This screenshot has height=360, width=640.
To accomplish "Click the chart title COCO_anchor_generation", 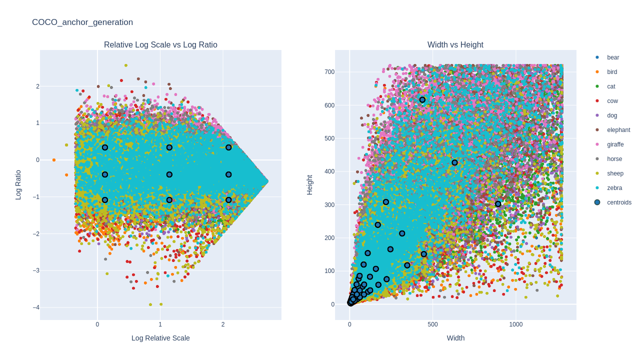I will [x=82, y=22].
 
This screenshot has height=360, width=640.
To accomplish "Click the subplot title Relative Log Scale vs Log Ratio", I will [x=160, y=45].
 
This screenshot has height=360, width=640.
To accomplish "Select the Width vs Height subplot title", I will [x=455, y=45].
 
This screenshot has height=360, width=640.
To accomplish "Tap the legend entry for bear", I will [x=613, y=57].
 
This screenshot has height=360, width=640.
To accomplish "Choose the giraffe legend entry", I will [x=615, y=144].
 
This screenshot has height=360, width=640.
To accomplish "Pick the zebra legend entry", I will [x=614, y=188].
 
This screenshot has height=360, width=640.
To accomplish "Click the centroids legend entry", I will [x=619, y=202].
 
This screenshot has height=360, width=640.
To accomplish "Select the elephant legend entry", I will [x=618, y=130].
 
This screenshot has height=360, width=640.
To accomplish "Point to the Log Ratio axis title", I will [x=18, y=185].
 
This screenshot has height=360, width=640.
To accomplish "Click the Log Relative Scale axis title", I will [x=160, y=338].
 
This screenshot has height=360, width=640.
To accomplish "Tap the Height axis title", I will [x=310, y=185].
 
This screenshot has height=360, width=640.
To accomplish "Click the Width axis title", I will [x=455, y=338].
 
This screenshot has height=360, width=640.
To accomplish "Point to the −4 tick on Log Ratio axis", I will [x=36, y=307].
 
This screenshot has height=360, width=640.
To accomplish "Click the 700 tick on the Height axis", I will [x=329, y=72].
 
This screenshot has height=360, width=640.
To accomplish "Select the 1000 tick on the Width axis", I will [x=515, y=324].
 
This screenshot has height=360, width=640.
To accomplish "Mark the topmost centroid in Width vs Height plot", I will [x=422, y=100].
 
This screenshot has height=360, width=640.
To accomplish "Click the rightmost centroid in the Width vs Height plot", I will [x=498, y=204].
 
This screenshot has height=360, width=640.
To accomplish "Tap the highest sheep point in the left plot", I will [x=126, y=65].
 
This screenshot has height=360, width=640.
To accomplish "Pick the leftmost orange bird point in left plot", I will [x=54, y=160].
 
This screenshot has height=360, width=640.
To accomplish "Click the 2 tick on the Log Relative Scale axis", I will [x=223, y=324].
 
